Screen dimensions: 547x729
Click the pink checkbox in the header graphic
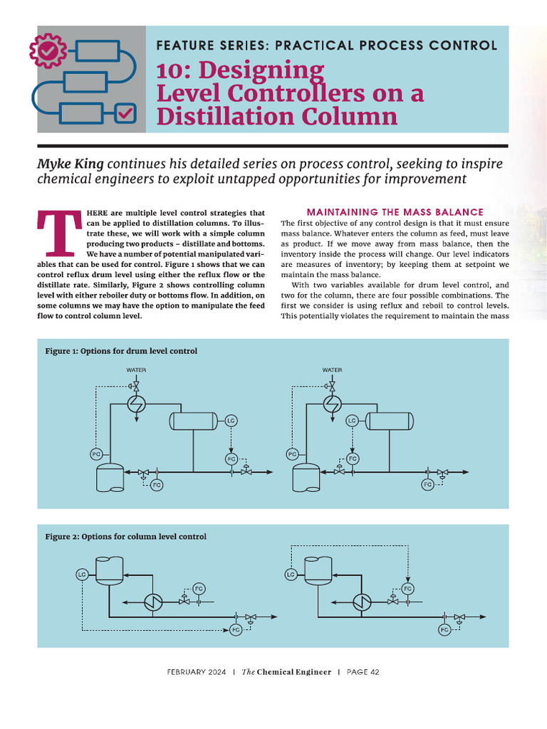(x=125, y=112)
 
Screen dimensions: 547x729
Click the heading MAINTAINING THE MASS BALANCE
(x=395, y=212)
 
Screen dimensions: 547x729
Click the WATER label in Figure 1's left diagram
(x=136, y=370)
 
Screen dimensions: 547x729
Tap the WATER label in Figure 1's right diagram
(x=332, y=370)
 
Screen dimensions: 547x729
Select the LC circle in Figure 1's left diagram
(x=231, y=421)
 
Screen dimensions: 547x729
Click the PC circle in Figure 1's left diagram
(x=96, y=453)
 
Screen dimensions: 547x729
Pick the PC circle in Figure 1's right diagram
(x=292, y=453)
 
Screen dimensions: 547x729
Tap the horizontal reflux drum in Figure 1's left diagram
(x=193, y=421)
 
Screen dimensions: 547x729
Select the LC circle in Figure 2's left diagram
(x=81, y=574)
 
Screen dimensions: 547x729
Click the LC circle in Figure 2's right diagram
(x=291, y=574)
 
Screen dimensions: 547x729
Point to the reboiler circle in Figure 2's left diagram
(x=152, y=602)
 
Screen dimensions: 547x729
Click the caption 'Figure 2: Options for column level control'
(x=126, y=536)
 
